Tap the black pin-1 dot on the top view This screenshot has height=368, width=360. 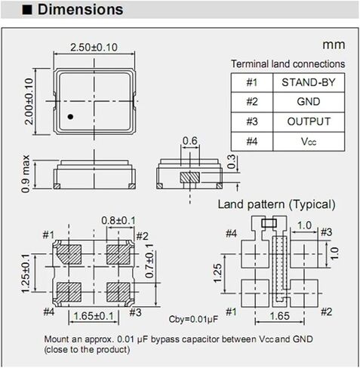coord(69,116)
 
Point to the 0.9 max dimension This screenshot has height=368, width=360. coord(26,173)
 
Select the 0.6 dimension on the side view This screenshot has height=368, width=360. coord(189,141)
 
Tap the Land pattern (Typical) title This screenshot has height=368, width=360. coord(276,204)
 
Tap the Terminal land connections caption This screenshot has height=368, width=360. coord(288,64)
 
